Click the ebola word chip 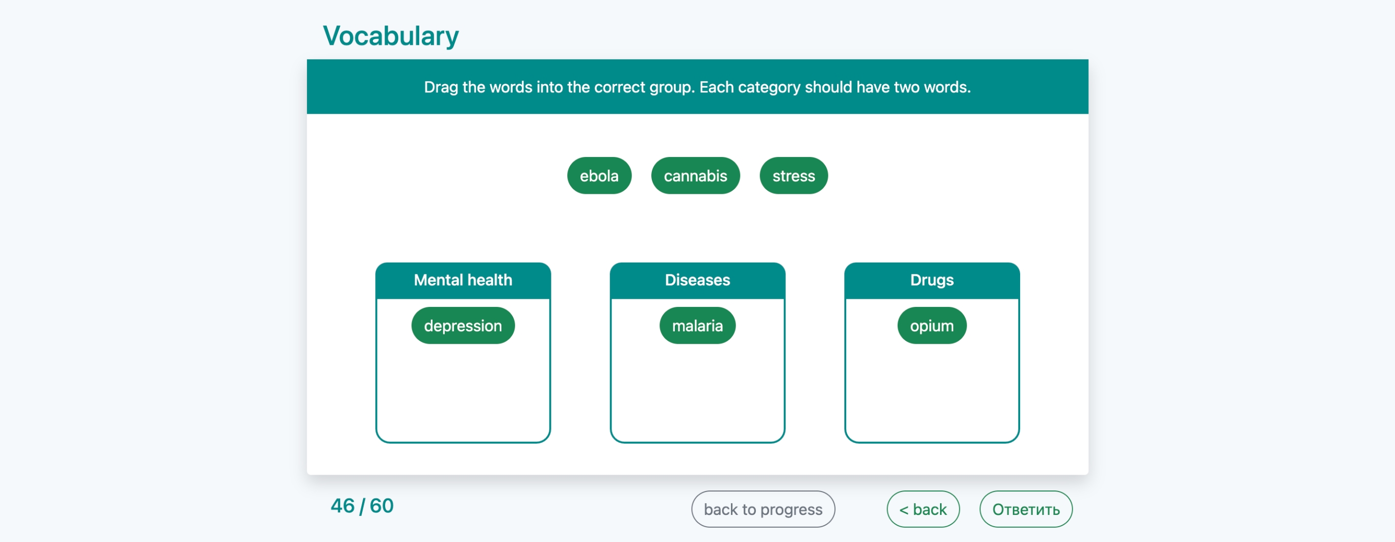pos(599,175)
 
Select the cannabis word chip pos(695,175)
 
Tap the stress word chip pos(793,175)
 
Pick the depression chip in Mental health pos(463,325)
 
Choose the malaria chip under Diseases pos(698,325)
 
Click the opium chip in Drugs pos(931,325)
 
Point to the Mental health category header pos(463,280)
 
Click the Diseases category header pos(698,280)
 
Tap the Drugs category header pos(931,280)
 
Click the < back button pos(923,509)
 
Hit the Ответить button pos(1026,509)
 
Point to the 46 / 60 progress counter pos(362,506)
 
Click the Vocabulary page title pos(391,36)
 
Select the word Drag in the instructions pos(441,87)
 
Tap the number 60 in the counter pos(382,506)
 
